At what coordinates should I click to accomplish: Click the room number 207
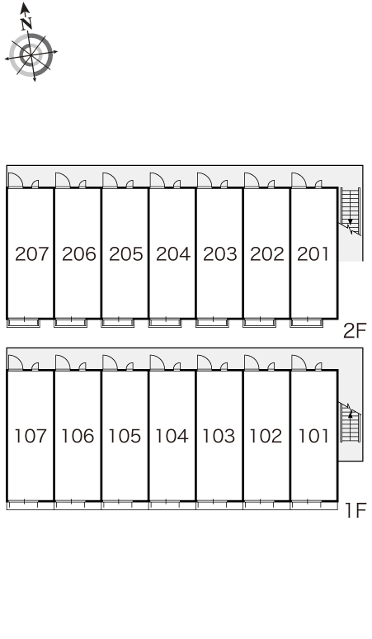[31, 254]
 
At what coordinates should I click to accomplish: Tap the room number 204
[173, 254]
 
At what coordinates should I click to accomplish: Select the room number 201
[313, 254]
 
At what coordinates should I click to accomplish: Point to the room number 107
[31, 436]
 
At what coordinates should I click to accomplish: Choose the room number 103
[219, 436]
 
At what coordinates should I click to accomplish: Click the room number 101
[313, 436]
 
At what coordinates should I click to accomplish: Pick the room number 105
[125, 436]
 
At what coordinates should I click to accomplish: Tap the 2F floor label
[355, 330]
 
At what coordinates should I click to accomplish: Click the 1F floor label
[356, 511]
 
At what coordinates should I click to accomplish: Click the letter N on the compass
[26, 24]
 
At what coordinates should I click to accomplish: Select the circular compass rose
[31, 54]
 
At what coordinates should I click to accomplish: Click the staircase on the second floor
[351, 211]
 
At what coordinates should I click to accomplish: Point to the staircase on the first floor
[350, 423]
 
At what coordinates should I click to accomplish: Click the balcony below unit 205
[118, 323]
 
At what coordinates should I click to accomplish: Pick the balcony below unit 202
[260, 323]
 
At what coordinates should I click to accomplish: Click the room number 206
[79, 254]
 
